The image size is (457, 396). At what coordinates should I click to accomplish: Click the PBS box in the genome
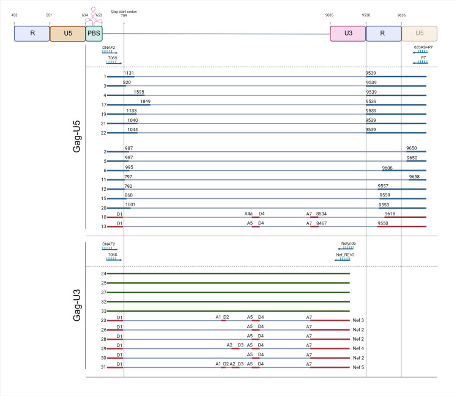94,34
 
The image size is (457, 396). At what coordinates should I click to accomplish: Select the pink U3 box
347,34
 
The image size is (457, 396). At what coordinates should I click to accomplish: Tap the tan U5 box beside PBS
67,34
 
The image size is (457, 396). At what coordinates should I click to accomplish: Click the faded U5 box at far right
419,34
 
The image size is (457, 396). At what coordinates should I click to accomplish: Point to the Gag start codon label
124,11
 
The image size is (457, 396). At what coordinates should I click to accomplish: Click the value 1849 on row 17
145,101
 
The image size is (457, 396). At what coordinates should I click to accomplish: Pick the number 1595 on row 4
139,92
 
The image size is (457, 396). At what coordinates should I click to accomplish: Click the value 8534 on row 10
322,214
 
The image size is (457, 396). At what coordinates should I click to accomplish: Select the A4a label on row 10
248,214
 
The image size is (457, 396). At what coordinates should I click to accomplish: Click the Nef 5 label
359,367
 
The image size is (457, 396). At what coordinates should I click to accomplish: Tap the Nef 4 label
359,348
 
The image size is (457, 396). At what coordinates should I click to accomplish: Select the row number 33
103,311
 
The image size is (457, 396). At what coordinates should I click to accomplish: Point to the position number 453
15,14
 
